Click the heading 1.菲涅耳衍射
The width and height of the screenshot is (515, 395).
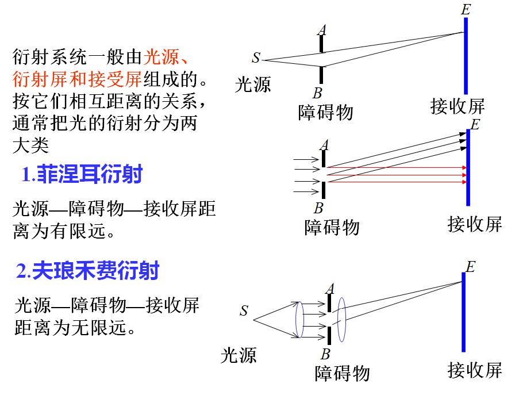coord(82,174)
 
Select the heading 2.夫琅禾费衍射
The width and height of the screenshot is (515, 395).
coord(87,270)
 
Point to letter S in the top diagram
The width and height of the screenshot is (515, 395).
coord(256,57)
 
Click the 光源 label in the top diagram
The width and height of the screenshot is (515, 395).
coord(253,85)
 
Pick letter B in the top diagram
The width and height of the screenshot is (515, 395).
coord(317,92)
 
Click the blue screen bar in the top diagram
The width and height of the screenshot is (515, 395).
coord(466,57)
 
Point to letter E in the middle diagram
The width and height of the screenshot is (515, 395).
coord(475,124)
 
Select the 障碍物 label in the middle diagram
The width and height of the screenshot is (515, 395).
coord(332,227)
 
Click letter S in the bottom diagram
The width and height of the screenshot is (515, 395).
coord(244,311)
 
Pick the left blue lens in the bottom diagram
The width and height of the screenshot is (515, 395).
coord(298,319)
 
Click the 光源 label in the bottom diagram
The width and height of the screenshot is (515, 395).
coord(239,354)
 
